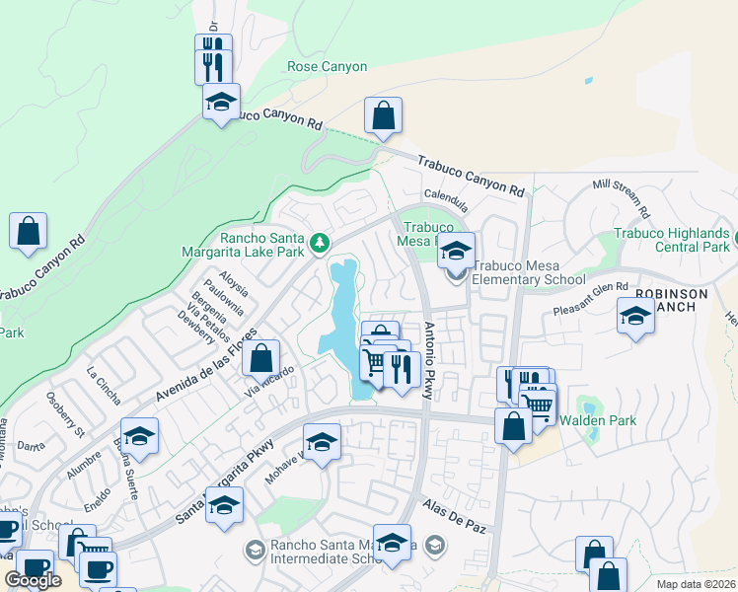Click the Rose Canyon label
pyautogui.click(x=327, y=67)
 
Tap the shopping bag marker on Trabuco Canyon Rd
pyautogui.click(x=383, y=115)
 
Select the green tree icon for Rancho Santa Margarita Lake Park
pyautogui.click(x=319, y=242)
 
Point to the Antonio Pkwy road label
pyautogui.click(x=430, y=359)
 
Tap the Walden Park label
pyautogui.click(x=598, y=420)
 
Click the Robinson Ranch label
pyautogui.click(x=672, y=300)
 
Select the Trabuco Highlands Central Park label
pyautogui.click(x=671, y=240)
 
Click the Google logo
pyautogui.click(x=34, y=580)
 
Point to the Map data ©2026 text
pyautogui.click(x=696, y=584)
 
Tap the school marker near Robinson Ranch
pyautogui.click(x=635, y=317)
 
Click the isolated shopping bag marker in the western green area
pyautogui.click(x=29, y=231)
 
